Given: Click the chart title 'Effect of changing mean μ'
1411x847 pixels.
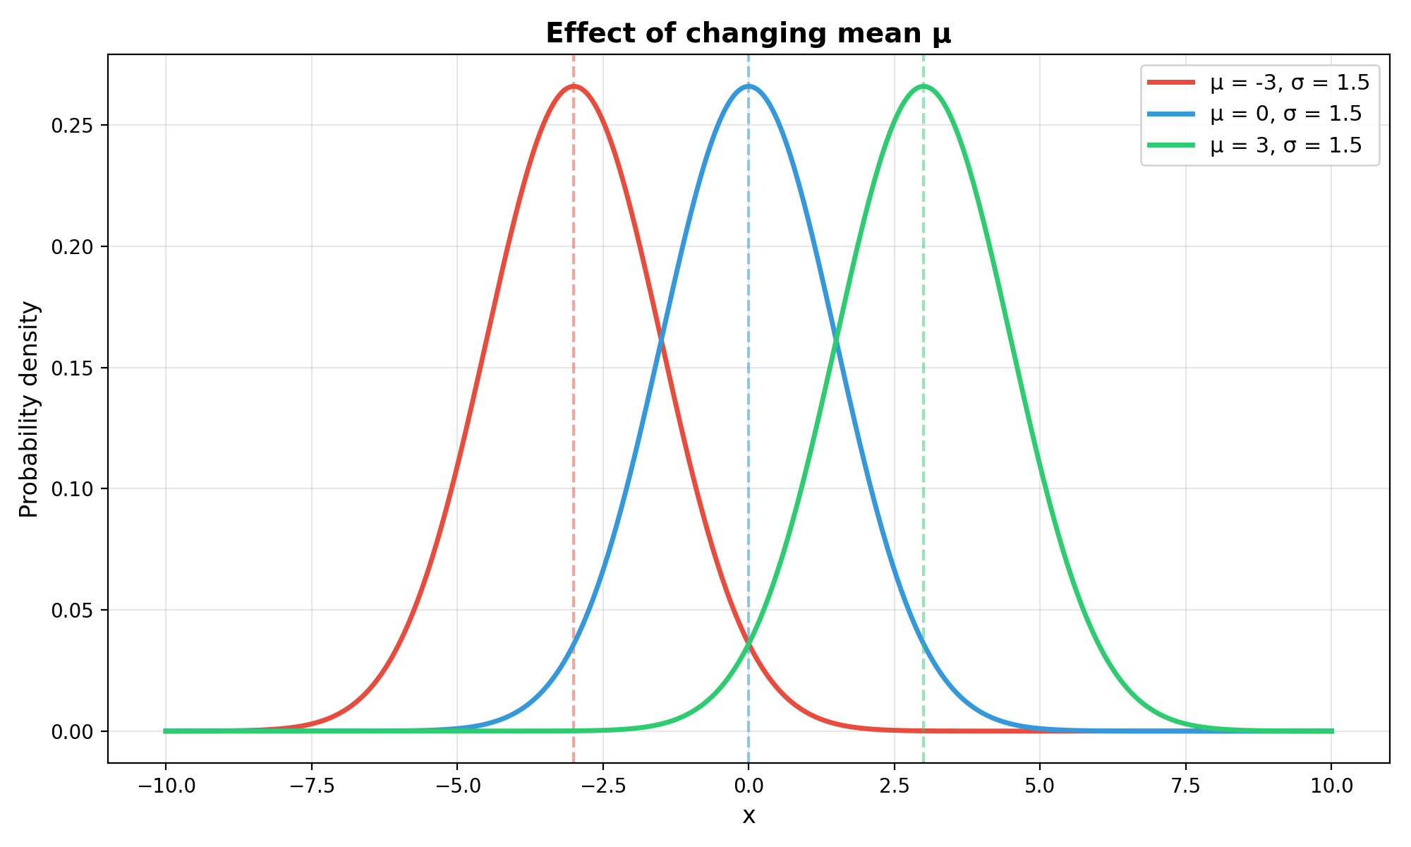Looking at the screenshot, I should (x=749, y=34).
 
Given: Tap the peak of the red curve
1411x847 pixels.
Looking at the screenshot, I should (x=574, y=86).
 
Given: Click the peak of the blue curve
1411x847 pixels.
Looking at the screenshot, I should (x=749, y=86).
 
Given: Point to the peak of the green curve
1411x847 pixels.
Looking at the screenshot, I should (x=923, y=86).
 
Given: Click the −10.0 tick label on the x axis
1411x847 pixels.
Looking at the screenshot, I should (x=165, y=786).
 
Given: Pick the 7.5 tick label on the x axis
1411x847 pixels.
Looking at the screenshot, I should (x=1186, y=786).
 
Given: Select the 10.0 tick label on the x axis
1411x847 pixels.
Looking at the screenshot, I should (x=1331, y=786).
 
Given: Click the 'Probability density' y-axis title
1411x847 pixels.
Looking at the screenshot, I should (x=30, y=409).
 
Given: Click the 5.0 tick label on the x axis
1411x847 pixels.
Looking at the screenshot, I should (x=1040, y=786).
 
